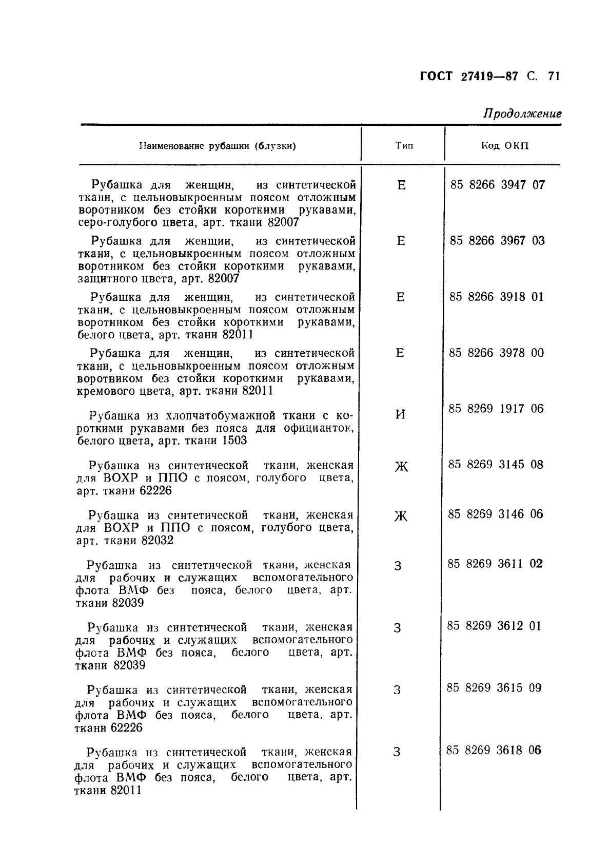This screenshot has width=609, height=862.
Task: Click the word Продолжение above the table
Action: [x=522, y=113]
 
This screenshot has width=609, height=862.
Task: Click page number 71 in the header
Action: [x=553, y=76]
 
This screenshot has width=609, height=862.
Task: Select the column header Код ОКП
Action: [x=504, y=146]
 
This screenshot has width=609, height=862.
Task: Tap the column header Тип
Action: [x=404, y=146]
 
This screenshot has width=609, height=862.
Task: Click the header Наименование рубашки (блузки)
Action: [x=218, y=146]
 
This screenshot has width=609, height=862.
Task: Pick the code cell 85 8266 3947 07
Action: [x=497, y=185]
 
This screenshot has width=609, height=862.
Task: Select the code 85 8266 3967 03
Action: [x=497, y=241]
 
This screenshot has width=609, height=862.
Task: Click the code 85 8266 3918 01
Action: [x=496, y=297]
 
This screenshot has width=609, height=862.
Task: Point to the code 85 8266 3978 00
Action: [x=496, y=353]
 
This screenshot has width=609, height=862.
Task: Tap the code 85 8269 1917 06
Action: [x=496, y=409]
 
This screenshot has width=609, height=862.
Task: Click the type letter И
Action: [x=401, y=414]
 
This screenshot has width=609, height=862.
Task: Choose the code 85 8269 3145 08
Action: [x=496, y=465]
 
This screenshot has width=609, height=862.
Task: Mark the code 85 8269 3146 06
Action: [x=495, y=514]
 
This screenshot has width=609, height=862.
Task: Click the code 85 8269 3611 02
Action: [x=495, y=564]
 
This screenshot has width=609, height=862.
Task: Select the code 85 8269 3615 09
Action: [x=494, y=688]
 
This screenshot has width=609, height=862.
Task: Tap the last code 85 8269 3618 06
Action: [x=494, y=750]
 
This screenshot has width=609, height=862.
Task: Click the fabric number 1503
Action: [x=234, y=440]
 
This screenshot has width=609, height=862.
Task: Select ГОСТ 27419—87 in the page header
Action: [x=468, y=76]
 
